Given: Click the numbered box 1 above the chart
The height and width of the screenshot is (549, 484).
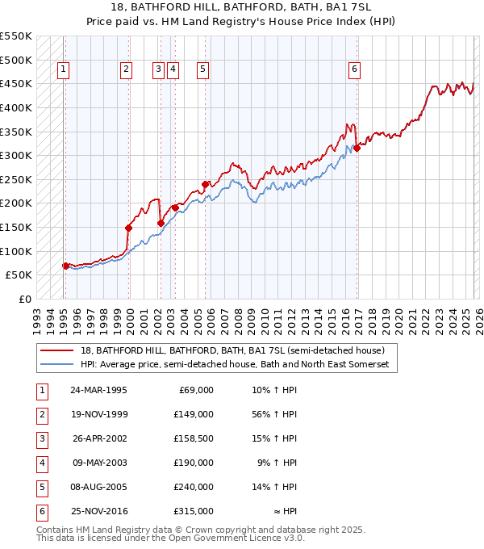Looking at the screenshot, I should pyautogui.click(x=63, y=70).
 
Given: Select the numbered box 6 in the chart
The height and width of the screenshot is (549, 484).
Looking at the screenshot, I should pyautogui.click(x=354, y=70).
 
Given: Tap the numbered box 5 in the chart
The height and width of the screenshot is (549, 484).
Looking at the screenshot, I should pyautogui.click(x=202, y=70).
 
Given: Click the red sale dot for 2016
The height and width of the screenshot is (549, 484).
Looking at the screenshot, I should pyautogui.click(x=357, y=148).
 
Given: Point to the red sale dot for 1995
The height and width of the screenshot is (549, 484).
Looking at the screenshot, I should pyautogui.click(x=66, y=266).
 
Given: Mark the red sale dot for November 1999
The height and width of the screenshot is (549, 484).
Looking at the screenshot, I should pyautogui.click(x=128, y=228).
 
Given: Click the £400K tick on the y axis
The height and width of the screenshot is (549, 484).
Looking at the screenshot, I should pyautogui.click(x=16, y=107).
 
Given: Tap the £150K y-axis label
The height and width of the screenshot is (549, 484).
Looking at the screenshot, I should pyautogui.click(x=16, y=227).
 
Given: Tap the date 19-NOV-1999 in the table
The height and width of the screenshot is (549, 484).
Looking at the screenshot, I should pyautogui.click(x=99, y=414).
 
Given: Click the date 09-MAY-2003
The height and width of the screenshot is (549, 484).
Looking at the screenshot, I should pyautogui.click(x=99, y=463).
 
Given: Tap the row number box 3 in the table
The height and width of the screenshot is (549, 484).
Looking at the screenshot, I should pyautogui.click(x=41, y=438).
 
